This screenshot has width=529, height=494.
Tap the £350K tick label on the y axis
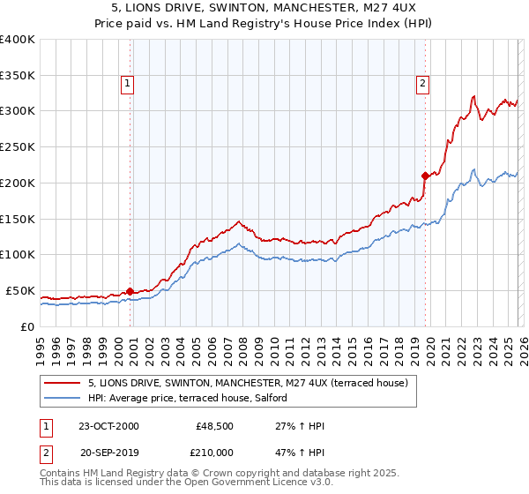point(18,76)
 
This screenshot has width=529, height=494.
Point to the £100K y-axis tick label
point(18,255)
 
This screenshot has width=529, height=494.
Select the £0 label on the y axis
point(28,326)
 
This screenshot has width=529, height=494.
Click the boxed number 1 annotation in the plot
point(128,84)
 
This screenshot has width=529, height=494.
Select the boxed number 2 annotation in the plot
point(423,84)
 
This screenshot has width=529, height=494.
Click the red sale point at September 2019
point(425,176)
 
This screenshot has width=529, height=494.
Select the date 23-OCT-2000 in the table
point(108,427)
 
